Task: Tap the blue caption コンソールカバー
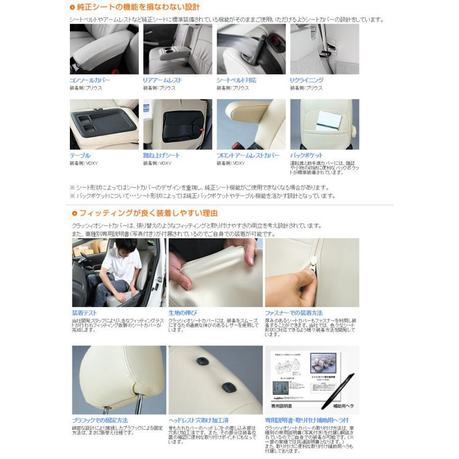(x=89, y=81)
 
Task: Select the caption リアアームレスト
(x=162, y=81)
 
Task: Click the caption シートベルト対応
(x=236, y=81)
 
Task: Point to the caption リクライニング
(x=307, y=81)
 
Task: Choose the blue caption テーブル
(x=80, y=156)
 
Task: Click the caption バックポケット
(x=306, y=156)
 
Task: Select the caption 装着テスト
(x=84, y=313)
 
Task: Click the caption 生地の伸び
(x=182, y=313)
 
